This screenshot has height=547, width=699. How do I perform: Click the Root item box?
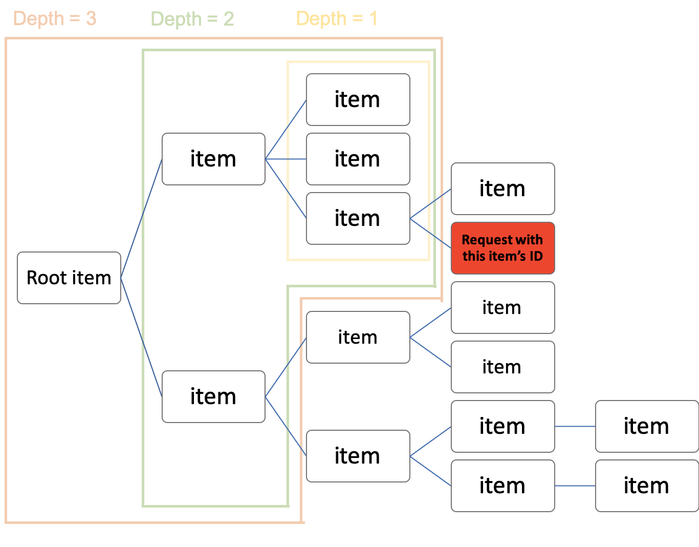pyautogui.click(x=69, y=278)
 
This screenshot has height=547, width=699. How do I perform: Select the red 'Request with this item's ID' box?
pyautogui.click(x=503, y=248)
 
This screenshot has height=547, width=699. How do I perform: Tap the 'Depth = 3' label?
pyautogui.click(x=55, y=19)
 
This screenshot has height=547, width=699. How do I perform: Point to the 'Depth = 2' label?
pyautogui.click(x=192, y=19)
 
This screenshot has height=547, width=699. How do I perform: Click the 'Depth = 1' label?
pyautogui.click(x=337, y=19)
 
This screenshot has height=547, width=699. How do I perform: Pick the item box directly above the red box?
pyautogui.click(x=503, y=188)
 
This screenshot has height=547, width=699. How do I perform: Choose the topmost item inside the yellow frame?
pyautogui.click(x=358, y=99)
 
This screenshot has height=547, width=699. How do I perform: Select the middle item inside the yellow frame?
pyautogui.click(x=358, y=159)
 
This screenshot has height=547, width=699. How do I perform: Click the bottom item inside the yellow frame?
pyautogui.click(x=358, y=218)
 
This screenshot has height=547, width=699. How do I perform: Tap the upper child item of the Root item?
pyautogui.click(x=213, y=159)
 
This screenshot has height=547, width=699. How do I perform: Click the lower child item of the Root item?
pyautogui.click(x=213, y=396)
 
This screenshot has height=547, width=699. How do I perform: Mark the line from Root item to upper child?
pyautogui.click(x=141, y=219)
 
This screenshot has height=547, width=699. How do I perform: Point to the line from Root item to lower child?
pyautogui.click(x=141, y=337)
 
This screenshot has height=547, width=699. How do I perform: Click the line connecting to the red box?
pyautogui.click(x=430, y=234)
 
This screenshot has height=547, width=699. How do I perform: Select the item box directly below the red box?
pyautogui.click(x=503, y=307)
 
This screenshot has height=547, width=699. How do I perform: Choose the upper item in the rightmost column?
pyautogui.click(x=646, y=426)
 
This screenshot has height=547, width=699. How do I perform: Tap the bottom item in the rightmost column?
pyautogui.click(x=646, y=486)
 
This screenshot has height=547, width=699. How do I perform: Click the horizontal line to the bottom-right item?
pyautogui.click(x=575, y=486)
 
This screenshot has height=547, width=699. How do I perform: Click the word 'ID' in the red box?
pyautogui.click(x=536, y=256)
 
